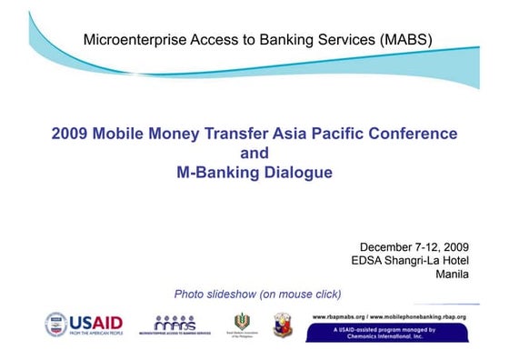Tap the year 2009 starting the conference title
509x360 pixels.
tap(70, 134)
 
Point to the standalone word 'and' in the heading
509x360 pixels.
tap(254, 153)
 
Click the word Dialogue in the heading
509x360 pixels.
tap(297, 173)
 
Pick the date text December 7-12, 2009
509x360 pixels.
tap(414, 246)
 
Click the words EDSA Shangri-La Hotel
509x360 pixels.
tap(409, 261)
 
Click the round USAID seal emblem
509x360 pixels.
tap(56, 323)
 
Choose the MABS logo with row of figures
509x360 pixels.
tap(175, 324)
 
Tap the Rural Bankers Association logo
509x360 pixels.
tap(242, 324)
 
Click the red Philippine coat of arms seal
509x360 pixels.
tap(283, 324)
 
